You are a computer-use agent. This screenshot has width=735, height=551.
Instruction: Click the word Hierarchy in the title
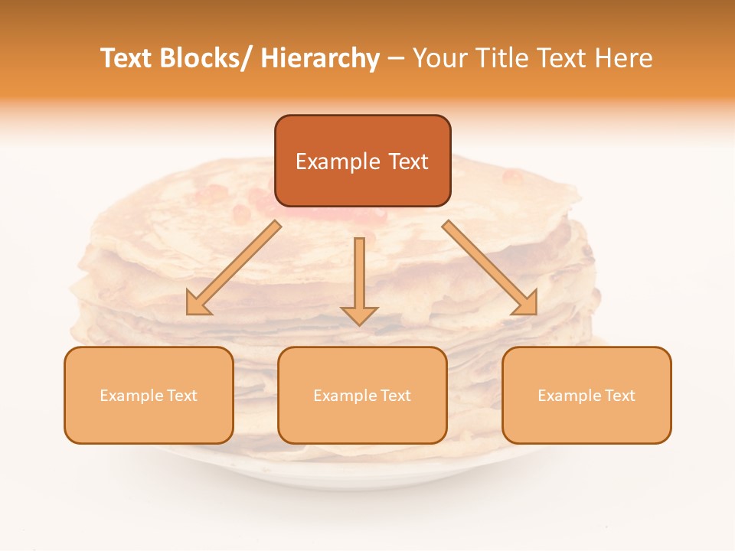pos(320,58)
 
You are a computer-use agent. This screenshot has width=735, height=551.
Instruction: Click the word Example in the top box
pos(338,161)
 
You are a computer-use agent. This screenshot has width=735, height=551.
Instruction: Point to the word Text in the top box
pos(408,161)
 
